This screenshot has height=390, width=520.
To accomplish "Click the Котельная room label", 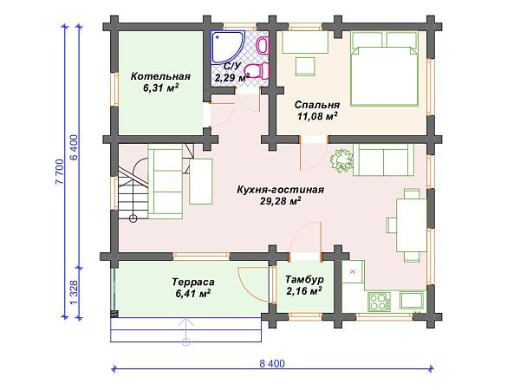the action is tap(160, 76).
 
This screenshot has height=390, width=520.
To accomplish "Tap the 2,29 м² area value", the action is tap(232, 78).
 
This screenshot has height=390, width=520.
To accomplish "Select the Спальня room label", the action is tap(317, 105).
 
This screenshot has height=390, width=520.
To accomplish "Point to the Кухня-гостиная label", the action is tap(280, 190).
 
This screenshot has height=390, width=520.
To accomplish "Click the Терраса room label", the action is tap(193, 282).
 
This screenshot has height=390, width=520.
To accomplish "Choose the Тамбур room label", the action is tap(304, 279).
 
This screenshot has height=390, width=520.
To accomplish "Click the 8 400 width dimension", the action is tap(272, 363).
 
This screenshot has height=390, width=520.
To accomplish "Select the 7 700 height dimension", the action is tap(60, 172).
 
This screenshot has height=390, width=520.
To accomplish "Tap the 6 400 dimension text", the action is tap(74, 147).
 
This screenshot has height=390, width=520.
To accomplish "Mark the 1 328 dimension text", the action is tap(74, 292).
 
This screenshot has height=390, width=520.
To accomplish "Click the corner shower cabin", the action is tap(226, 47).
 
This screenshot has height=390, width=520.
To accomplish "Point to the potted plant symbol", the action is tap(341, 160).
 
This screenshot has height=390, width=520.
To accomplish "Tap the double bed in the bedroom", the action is tap(384, 68).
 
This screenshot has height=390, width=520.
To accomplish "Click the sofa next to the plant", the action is tap(384, 160).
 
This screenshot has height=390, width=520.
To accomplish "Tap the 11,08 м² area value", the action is tap(317, 116).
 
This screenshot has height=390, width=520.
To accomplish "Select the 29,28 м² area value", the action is tap(280, 201).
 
